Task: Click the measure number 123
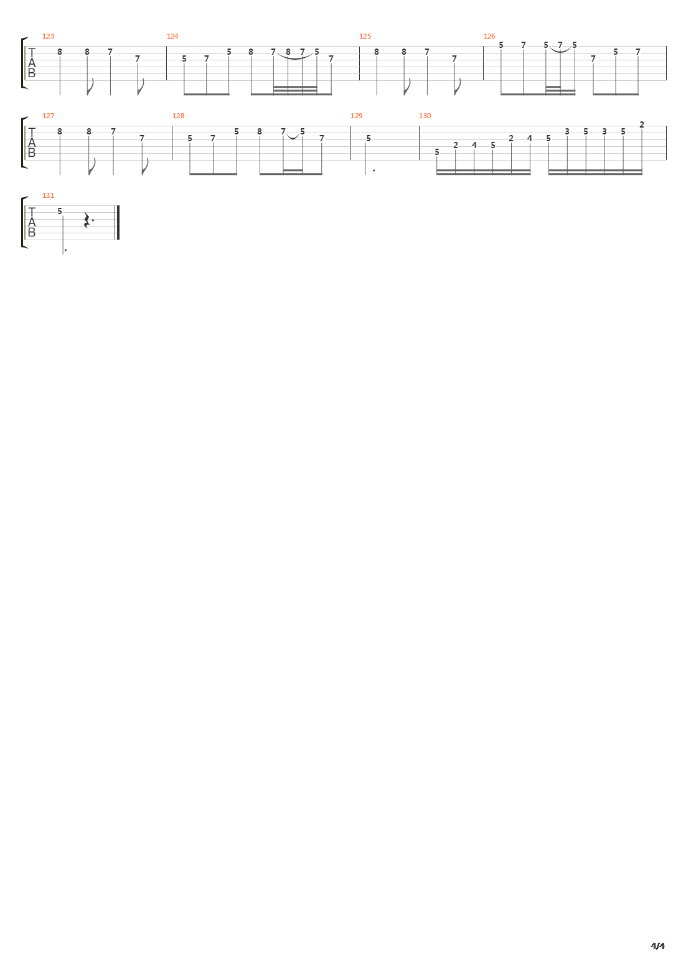coord(48,36)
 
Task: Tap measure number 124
coord(172,36)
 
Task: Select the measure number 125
coord(365,36)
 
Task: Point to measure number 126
coord(489,36)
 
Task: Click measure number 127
coord(48,116)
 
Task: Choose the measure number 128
coord(178,116)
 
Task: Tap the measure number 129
coord(356,116)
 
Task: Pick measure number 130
coord(425,116)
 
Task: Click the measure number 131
coord(48,195)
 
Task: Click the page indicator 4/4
coord(657,946)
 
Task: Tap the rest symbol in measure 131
coord(88,220)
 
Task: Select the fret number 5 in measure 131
coord(60,211)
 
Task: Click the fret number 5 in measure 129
coord(369,138)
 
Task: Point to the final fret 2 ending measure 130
coord(642,124)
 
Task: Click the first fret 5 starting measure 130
coord(437,152)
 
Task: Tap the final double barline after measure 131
coord(118,222)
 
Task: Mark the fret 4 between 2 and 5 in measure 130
coord(474,145)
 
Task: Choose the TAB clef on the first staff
coord(32,63)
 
